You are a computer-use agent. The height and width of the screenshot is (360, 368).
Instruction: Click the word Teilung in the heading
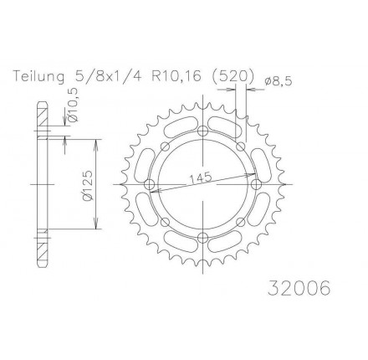click(x=38, y=77)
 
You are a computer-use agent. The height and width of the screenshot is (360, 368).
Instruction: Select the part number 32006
click(x=299, y=287)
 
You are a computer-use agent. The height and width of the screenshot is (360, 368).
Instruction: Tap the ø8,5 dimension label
click(x=278, y=81)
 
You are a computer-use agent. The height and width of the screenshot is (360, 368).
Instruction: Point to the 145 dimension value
click(x=201, y=177)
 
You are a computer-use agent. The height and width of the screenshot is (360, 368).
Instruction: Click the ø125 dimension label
click(x=89, y=186)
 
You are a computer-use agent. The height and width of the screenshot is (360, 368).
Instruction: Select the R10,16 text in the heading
click(x=176, y=77)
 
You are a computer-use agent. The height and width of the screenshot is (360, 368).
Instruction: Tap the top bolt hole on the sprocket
click(x=202, y=131)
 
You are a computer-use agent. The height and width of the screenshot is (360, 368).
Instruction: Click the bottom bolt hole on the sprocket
click(x=202, y=238)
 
